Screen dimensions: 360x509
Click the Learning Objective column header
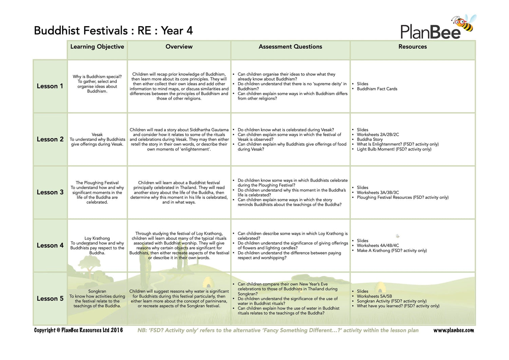click(97, 47)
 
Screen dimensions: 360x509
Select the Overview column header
click(179, 47)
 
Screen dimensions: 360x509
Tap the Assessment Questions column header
click(290, 47)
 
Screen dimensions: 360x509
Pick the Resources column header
click(412, 47)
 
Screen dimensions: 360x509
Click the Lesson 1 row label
click(50, 86)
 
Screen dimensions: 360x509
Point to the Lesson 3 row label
click(50, 192)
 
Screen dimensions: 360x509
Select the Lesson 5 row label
click(50, 299)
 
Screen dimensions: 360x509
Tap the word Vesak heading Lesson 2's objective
click(97, 134)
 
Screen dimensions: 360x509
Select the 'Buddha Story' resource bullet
click(370, 139)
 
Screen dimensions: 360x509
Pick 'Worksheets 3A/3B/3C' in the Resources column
click(378, 193)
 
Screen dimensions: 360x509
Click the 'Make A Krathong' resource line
click(392, 251)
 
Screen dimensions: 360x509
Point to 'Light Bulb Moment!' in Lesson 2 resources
click(394, 149)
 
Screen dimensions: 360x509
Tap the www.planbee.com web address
click(453, 330)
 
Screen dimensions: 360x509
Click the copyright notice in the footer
click(78, 330)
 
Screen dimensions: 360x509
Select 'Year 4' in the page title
click(177, 31)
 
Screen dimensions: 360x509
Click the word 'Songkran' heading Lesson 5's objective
click(97, 291)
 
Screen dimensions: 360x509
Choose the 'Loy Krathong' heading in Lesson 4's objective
click(97, 238)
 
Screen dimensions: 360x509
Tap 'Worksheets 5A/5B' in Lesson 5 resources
click(374, 296)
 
